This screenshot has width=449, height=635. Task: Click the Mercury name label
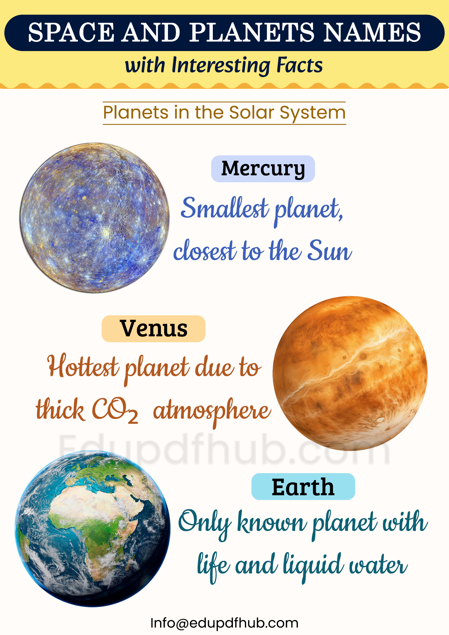tap(263, 169)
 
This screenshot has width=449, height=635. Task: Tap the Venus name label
tap(154, 329)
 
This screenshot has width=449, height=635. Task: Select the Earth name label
tap(303, 487)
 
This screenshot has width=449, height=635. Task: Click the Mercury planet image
tap(94, 218)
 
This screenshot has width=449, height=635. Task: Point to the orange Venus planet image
tap(350, 373)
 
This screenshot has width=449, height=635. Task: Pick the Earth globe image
tap(92, 528)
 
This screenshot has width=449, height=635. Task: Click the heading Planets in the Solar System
tap(224, 112)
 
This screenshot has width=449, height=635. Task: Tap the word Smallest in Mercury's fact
tap(224, 209)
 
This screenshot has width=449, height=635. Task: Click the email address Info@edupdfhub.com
tap(224, 623)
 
